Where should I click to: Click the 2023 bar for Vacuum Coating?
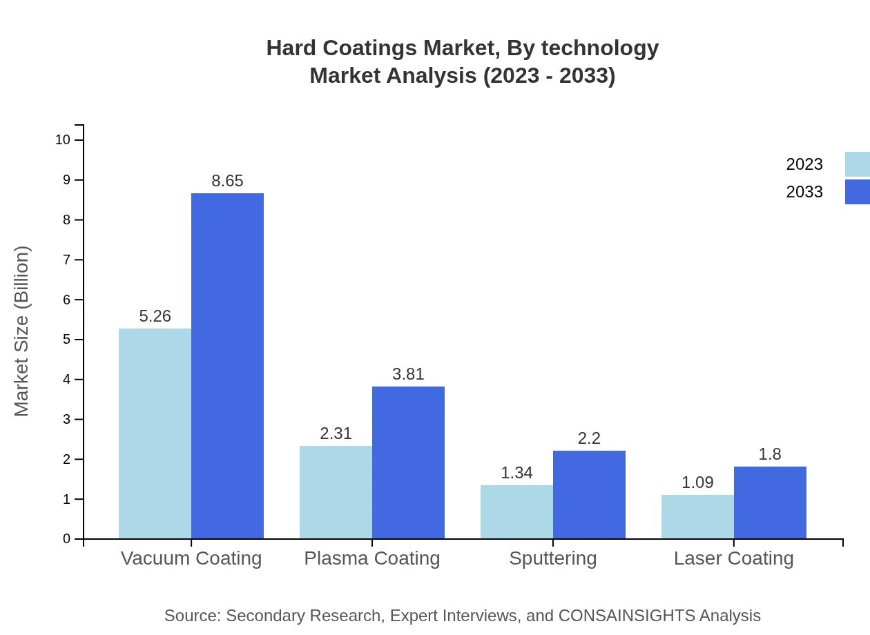point(155,433)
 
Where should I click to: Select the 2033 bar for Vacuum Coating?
point(227,366)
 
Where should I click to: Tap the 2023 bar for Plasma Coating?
point(336,492)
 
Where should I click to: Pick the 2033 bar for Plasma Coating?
point(408,462)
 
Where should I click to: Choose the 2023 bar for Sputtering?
point(516,511)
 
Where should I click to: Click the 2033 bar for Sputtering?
point(589,494)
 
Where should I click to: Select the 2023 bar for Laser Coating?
point(697,516)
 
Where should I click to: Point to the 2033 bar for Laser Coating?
point(770,502)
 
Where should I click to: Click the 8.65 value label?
point(227,181)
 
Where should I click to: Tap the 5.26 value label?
point(155,316)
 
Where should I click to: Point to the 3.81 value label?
point(408,374)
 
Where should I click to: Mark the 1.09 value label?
point(697,482)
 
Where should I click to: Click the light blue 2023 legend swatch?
point(857,164)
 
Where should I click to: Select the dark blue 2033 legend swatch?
point(857,192)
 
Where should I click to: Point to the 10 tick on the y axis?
point(63,140)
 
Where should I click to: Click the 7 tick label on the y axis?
point(67,260)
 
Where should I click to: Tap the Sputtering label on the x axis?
point(552,558)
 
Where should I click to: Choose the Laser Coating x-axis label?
point(733,558)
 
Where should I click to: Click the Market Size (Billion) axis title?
point(21,331)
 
